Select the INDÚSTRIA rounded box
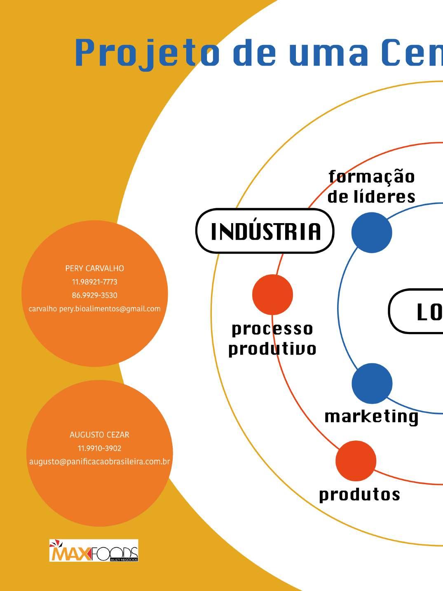265,231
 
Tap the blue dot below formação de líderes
372,233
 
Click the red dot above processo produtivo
272,294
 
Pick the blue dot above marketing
372,383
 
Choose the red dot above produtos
356,461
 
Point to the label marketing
371,416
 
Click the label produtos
359,494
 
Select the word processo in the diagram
272,329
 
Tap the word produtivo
272,349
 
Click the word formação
372,177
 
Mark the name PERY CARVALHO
94,268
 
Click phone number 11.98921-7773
94,282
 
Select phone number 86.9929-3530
94,295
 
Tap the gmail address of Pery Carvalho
94,309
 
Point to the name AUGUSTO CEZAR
99,435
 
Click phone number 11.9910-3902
99,448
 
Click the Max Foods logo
94,550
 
